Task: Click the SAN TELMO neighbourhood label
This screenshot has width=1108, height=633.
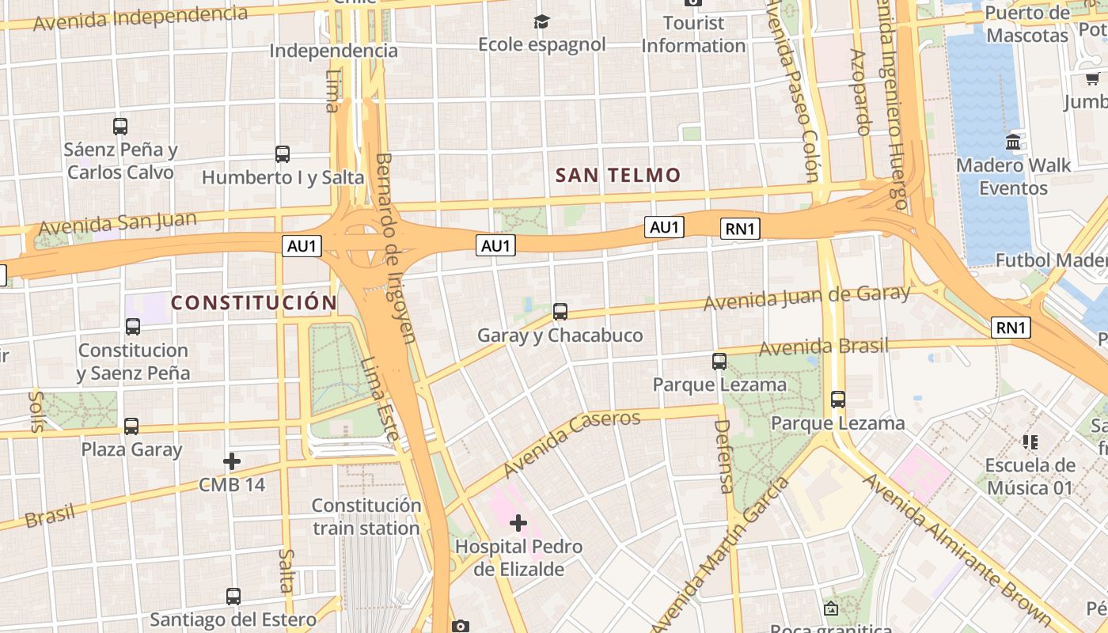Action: coord(617,175)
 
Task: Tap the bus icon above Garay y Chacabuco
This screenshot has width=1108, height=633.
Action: coord(560,312)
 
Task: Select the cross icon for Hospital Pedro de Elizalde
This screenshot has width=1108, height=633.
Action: coord(518,523)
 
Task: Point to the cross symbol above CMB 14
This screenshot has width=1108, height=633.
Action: coord(232,461)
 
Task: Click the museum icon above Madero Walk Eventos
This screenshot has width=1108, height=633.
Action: coord(1013,142)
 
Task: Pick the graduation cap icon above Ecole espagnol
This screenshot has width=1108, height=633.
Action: coord(541,21)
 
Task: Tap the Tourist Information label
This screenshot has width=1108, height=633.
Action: coord(693,35)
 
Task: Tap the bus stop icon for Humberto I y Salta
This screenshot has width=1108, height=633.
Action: coord(283,154)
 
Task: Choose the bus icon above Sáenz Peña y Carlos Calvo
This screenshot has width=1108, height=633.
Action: coord(120,126)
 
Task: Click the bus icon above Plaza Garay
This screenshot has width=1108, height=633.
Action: coord(131,426)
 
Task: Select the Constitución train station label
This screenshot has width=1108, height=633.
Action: coord(366,516)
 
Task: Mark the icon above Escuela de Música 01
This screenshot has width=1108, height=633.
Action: coord(1030,442)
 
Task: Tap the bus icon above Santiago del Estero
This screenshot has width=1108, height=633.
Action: coord(233,596)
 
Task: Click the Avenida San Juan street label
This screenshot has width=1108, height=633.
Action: coord(117,222)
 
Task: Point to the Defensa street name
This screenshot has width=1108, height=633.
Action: coord(723,457)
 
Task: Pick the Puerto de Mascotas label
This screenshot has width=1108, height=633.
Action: coord(1027,25)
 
